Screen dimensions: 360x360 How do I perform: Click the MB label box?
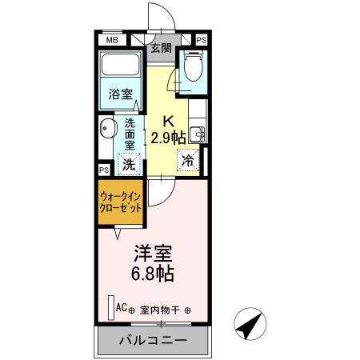[112, 39]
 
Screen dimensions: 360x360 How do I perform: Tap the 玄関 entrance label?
[162, 48]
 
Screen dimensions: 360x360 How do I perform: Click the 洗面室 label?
[130, 137]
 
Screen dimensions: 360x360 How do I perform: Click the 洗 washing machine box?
[128, 164]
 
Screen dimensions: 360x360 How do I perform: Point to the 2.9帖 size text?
[169, 137]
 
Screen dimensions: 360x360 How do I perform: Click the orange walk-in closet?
[122, 201]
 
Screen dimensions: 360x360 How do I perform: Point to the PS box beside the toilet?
[201, 39]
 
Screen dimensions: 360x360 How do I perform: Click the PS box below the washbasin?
[104, 170]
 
